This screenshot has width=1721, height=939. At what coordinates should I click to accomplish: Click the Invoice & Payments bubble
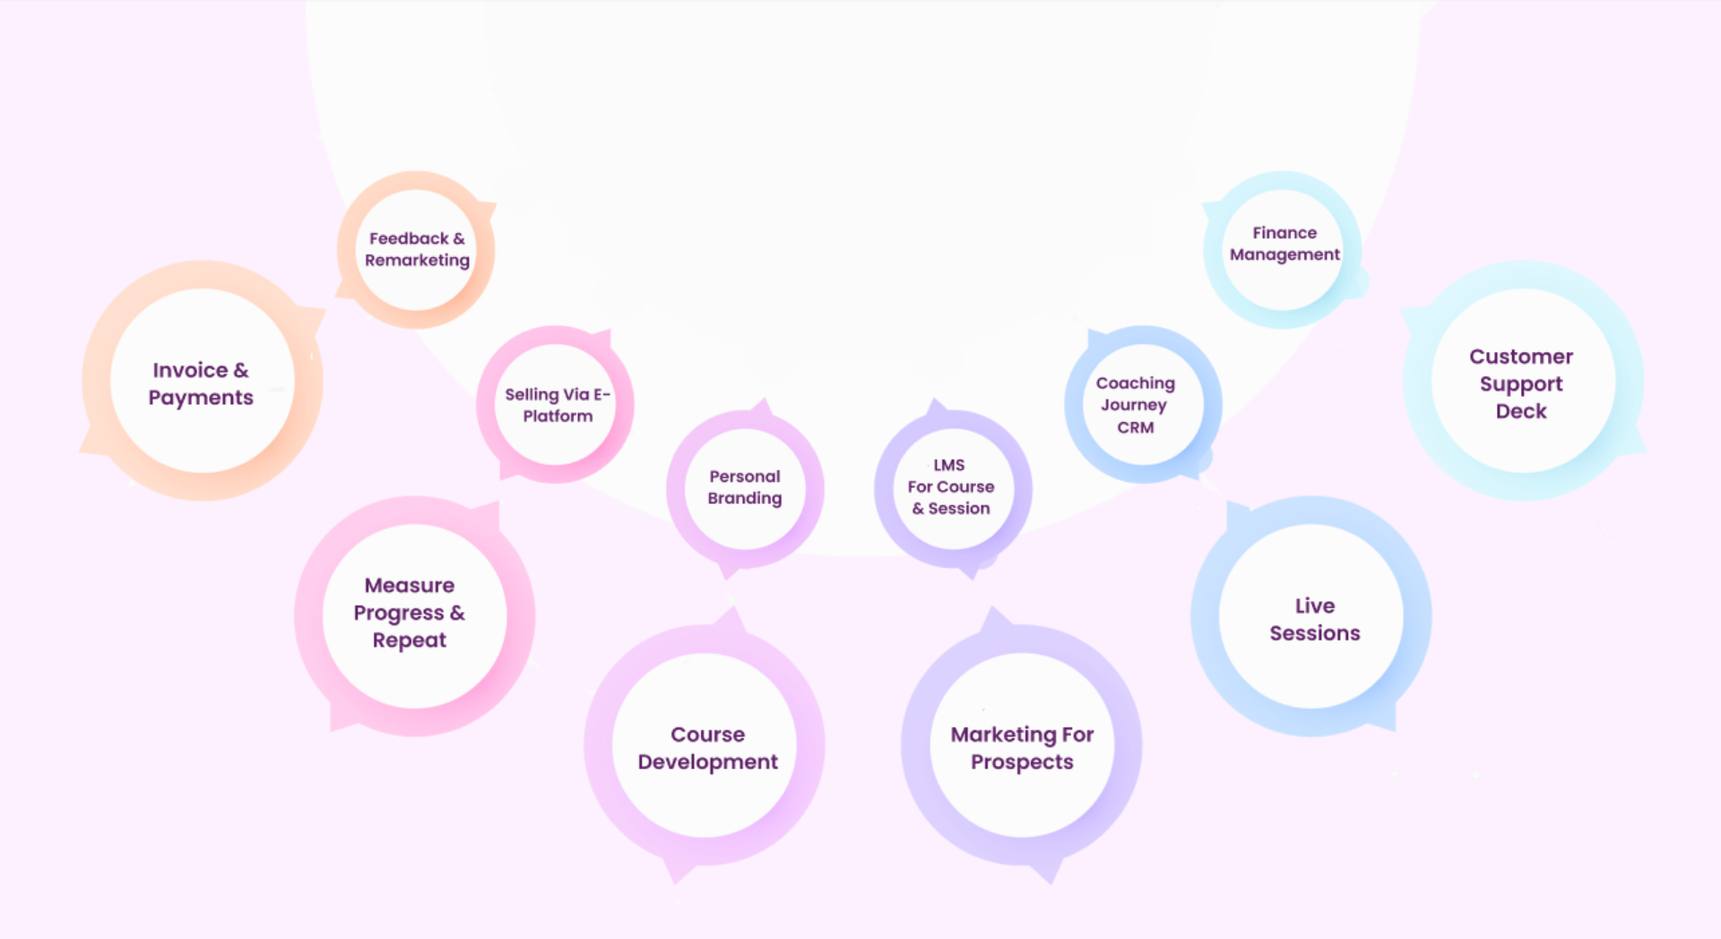click(x=203, y=381)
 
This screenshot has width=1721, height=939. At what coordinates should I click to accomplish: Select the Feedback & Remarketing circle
click(x=416, y=250)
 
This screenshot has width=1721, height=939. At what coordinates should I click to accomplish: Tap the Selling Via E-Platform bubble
click(x=556, y=405)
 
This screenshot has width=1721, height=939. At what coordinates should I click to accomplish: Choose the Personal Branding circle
click(x=745, y=489)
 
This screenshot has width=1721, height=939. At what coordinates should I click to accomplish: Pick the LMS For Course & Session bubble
click(x=953, y=489)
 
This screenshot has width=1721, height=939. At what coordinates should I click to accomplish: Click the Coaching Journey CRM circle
click(x=1143, y=405)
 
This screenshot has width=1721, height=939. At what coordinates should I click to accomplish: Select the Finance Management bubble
click(x=1283, y=250)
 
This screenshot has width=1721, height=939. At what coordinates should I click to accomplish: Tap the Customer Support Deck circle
click(x=1523, y=381)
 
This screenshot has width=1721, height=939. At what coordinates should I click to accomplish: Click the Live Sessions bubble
click(x=1311, y=616)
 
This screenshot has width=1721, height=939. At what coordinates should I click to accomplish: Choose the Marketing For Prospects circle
click(x=1022, y=745)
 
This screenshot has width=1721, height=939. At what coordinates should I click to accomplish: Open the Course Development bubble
click(x=705, y=745)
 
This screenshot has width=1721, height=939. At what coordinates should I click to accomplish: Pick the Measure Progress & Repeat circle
click(x=414, y=616)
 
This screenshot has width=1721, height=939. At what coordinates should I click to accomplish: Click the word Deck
click(x=1521, y=411)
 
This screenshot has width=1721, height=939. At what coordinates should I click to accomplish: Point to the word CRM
click(x=1136, y=427)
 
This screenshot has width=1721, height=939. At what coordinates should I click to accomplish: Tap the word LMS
click(x=949, y=465)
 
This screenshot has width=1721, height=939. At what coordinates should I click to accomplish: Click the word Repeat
click(x=410, y=640)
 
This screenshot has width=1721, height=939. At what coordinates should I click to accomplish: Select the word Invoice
click(x=190, y=370)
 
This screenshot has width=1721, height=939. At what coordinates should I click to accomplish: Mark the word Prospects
click(x=1022, y=762)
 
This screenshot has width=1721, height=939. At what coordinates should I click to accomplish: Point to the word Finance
click(x=1284, y=233)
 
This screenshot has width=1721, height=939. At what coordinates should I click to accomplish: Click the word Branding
click(x=745, y=498)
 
